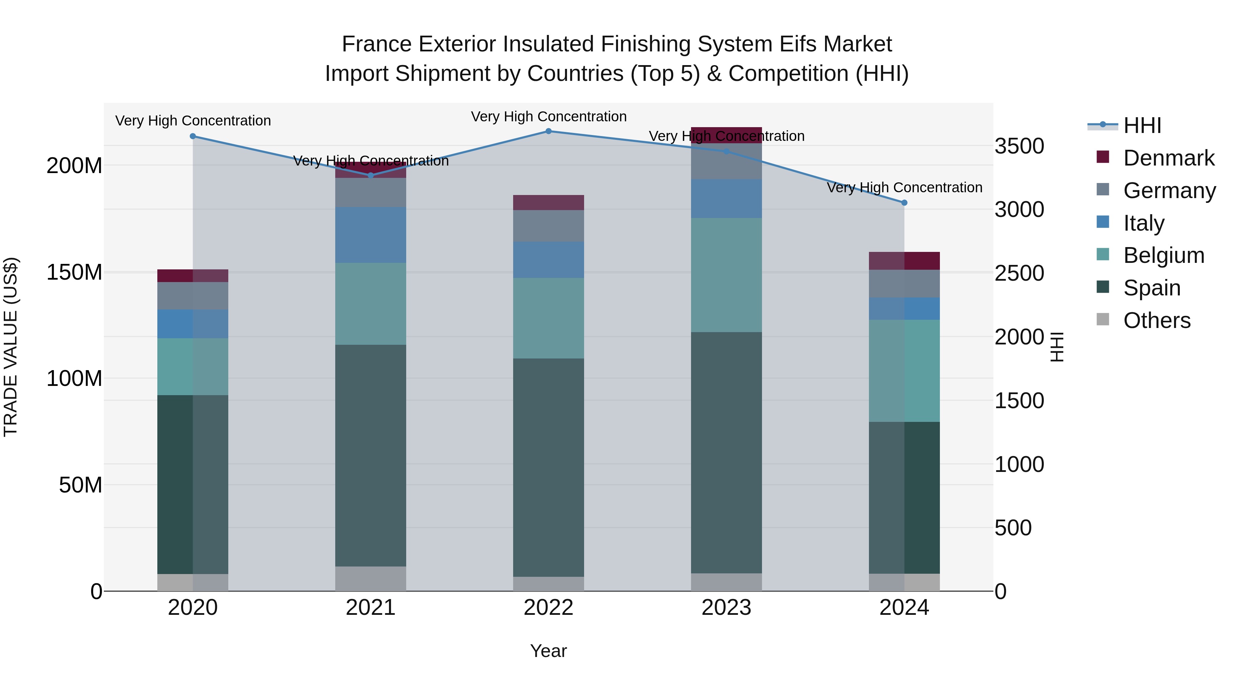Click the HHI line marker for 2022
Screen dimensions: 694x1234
point(548,131)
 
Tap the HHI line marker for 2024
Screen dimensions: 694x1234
point(904,203)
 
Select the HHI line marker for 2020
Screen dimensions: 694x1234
point(193,136)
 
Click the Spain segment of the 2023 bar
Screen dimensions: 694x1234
point(726,453)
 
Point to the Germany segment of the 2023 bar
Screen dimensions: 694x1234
point(726,161)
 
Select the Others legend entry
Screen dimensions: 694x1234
point(1157,320)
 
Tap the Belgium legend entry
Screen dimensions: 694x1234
point(1163,255)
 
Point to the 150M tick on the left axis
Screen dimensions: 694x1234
point(74,272)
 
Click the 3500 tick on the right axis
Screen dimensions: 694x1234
point(1019,146)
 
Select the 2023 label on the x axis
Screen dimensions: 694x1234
point(726,608)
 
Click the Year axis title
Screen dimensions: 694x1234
point(548,651)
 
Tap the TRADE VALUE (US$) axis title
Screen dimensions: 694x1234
point(11,347)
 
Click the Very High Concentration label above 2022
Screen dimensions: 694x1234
point(548,117)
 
